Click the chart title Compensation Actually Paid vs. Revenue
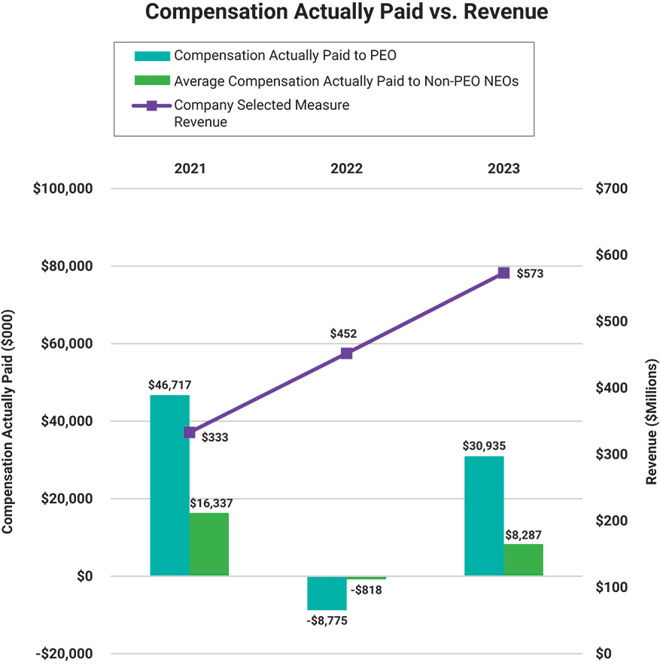click(x=345, y=13)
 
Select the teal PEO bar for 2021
click(x=169, y=485)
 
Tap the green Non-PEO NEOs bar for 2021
click(x=208, y=544)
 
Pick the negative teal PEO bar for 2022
click(x=327, y=593)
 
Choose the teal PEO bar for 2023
click(x=484, y=515)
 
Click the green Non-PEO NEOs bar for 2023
click(x=523, y=560)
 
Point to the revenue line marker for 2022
click(x=346, y=354)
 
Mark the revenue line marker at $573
click(x=503, y=273)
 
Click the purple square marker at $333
click(x=190, y=433)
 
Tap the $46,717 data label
click(x=169, y=384)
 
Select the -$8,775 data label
click(x=327, y=621)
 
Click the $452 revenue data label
click(x=342, y=333)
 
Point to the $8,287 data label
click(x=523, y=535)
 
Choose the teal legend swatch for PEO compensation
click(x=151, y=56)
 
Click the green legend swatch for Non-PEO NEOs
click(x=151, y=80)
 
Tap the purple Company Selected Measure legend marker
click(x=151, y=105)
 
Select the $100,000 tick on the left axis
click(x=62, y=189)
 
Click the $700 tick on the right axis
click(x=611, y=189)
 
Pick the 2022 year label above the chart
click(x=346, y=169)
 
